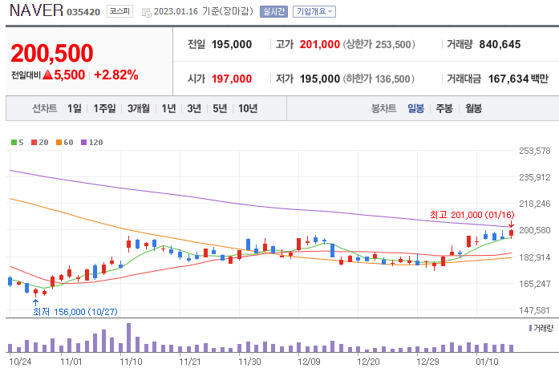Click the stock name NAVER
34,11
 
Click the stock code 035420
83,13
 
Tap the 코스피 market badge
119,12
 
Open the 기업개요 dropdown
314,12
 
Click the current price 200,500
52,53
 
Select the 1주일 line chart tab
104,108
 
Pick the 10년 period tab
248,108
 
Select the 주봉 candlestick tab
444,108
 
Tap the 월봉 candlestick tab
473,108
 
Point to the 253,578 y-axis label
534,151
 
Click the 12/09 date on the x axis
308,361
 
